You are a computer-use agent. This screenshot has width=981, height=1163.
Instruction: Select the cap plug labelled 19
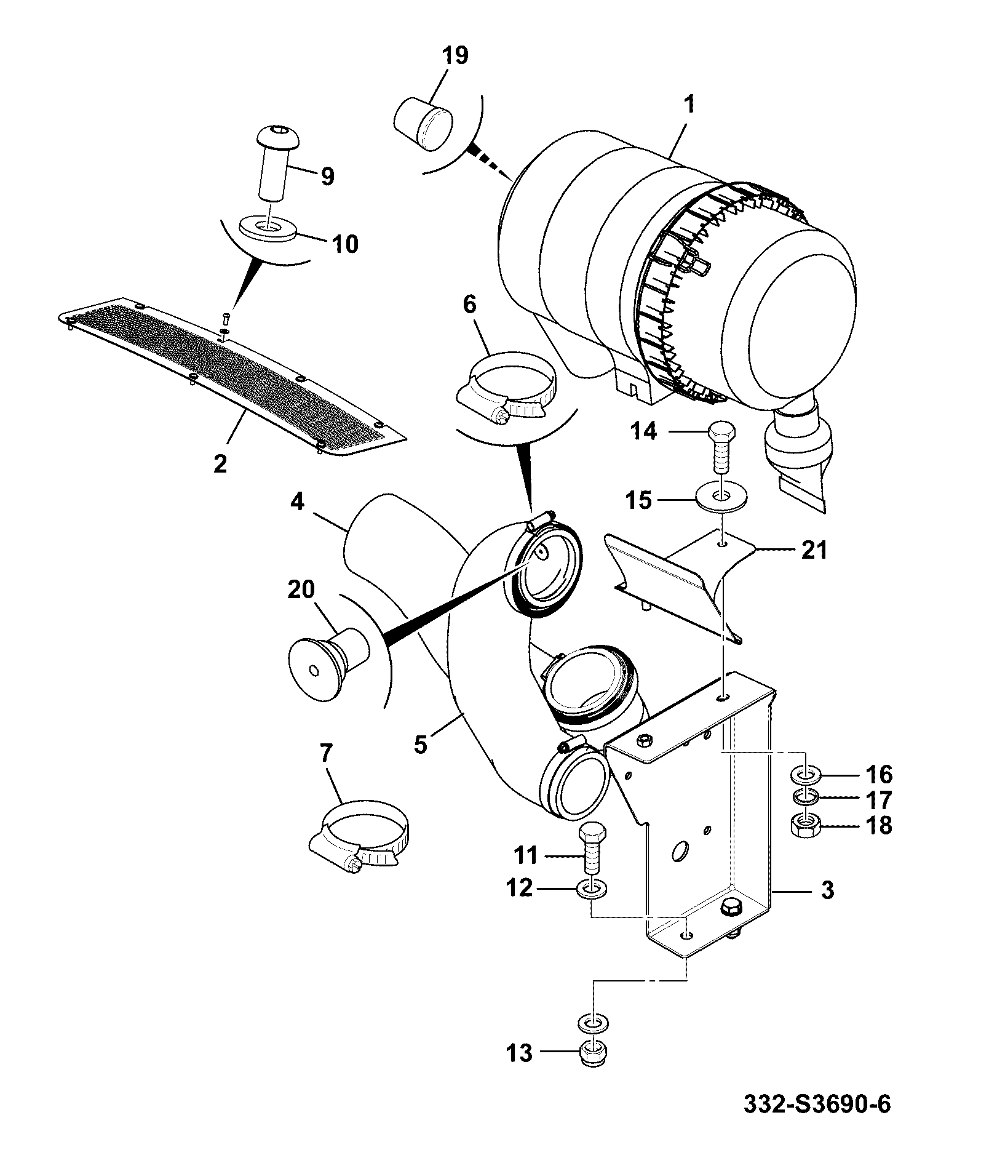[x=423, y=123]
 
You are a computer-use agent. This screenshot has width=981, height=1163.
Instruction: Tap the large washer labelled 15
[x=721, y=495]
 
